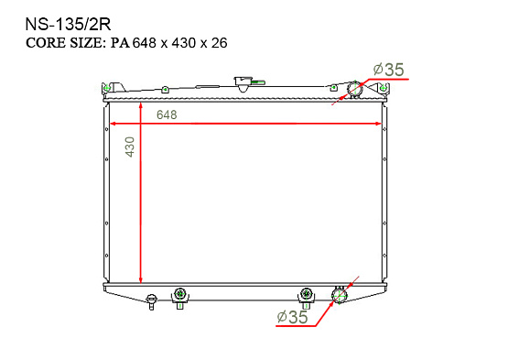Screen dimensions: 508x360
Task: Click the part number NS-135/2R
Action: pyautogui.click(x=68, y=25)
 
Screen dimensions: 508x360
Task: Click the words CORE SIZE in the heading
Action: pyautogui.click(x=64, y=43)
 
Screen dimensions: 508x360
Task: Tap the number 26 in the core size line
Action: pyautogui.click(x=220, y=43)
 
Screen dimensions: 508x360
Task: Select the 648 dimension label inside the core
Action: pyautogui.click(x=167, y=115)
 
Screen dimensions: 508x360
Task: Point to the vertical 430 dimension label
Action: pyautogui.click(x=130, y=147)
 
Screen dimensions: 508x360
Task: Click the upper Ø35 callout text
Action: pyautogui.click(x=388, y=70)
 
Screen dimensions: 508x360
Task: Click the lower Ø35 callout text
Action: pyautogui.click(x=292, y=317)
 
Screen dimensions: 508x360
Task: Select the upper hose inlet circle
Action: pyautogui.click(x=354, y=89)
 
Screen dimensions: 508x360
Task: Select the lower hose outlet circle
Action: pyautogui.click(x=339, y=294)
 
